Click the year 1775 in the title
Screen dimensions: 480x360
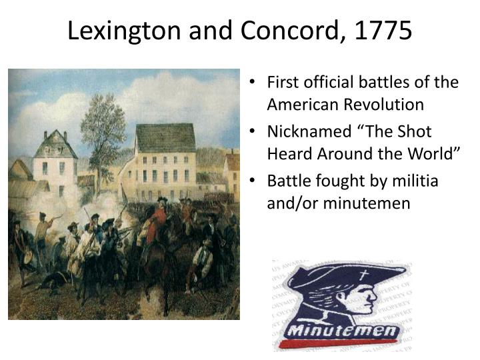point(383,30)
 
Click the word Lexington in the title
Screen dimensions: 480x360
point(124,31)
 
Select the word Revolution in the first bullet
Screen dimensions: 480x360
point(383,104)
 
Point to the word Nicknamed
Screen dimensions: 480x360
point(309,131)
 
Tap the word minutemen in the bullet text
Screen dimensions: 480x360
point(367,203)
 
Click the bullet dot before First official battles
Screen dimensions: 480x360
point(252,82)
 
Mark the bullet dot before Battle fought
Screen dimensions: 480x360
point(252,181)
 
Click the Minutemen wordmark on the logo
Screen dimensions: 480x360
point(343,330)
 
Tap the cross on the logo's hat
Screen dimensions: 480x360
point(363,275)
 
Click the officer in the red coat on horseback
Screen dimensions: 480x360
point(157,221)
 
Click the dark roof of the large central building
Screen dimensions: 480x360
point(165,137)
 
